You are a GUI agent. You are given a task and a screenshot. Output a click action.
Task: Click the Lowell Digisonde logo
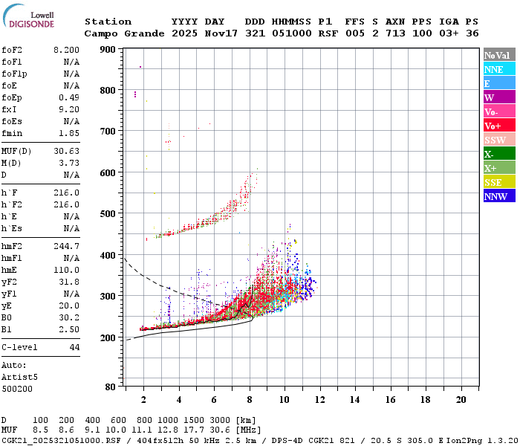click(28, 16)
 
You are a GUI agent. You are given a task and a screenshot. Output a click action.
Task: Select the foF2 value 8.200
click(66, 50)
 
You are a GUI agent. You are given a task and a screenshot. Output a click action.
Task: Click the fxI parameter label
click(9, 109)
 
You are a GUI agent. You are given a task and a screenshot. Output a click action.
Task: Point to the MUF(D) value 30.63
click(66, 152)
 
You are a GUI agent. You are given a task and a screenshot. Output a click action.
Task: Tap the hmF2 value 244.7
click(66, 246)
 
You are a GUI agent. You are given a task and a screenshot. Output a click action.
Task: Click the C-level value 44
click(74, 347)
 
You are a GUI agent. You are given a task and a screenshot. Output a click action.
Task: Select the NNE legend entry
click(499, 69)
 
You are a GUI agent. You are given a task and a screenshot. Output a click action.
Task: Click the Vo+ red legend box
click(499, 126)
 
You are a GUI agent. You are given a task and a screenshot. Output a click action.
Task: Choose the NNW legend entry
click(499, 196)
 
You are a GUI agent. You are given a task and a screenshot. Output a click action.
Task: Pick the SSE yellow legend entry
click(499, 182)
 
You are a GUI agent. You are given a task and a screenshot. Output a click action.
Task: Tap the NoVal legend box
click(499, 55)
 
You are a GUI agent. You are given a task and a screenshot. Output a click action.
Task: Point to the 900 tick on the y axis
click(108, 50)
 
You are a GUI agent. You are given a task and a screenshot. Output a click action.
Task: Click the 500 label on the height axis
click(108, 214)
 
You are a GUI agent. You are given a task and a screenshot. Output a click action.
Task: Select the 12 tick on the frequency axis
click(319, 400)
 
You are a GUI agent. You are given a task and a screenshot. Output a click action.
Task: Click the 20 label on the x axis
click(461, 400)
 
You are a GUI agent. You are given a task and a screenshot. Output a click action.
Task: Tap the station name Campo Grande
click(124, 33)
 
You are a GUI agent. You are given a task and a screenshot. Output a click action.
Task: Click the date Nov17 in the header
click(221, 33)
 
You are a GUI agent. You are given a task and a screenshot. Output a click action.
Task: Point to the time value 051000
click(291, 33)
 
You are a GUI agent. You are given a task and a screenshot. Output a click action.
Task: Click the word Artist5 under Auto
click(19, 378)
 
